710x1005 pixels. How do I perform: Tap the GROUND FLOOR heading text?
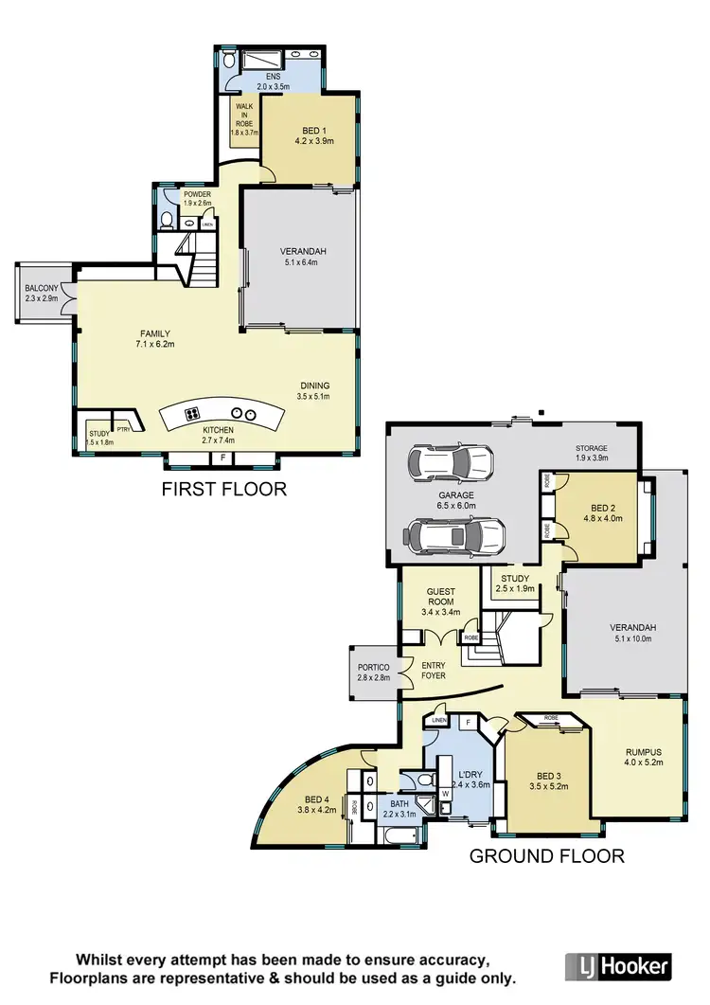click(x=549, y=856)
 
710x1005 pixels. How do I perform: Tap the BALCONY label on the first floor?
click(x=42, y=288)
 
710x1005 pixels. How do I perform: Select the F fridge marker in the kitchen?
click(x=222, y=458)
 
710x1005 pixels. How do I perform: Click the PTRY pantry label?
click(x=123, y=429)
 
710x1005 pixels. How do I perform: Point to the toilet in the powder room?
click(x=167, y=221)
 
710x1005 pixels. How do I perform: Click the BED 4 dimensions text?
click(x=316, y=810)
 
